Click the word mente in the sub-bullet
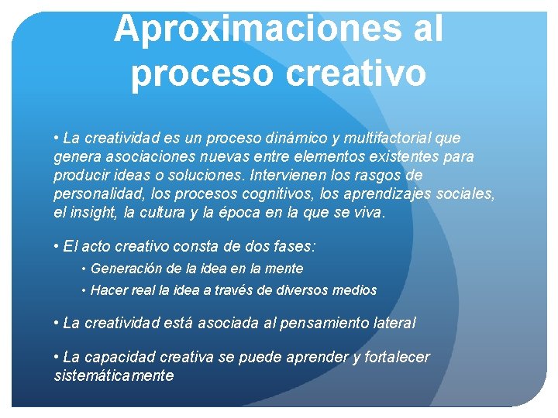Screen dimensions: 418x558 pos(284,269)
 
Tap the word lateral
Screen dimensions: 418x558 pos(394,322)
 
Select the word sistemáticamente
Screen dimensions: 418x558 pos(114,375)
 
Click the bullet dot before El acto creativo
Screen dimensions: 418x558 pos(57,247)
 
